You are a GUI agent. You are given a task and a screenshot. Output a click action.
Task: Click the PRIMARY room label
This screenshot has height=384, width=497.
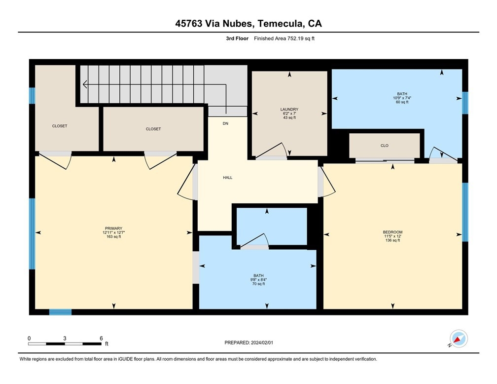pyautogui.click(x=113, y=229)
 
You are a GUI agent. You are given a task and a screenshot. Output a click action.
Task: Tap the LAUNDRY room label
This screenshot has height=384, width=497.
pyautogui.click(x=289, y=110)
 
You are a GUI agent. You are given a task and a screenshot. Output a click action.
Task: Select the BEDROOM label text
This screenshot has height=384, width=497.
pyautogui.click(x=392, y=232)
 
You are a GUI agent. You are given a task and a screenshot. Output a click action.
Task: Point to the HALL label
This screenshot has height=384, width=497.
pyautogui.click(x=228, y=178)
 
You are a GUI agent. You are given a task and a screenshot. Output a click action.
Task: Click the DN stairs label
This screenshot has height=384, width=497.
pyautogui.click(x=225, y=123)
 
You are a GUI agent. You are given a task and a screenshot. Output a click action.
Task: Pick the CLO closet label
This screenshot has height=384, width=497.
pyautogui.click(x=385, y=146)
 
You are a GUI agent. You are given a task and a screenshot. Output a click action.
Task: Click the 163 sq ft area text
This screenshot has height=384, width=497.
pyautogui.click(x=113, y=237)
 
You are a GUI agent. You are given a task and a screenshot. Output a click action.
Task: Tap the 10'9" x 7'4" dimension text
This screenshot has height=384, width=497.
pyautogui.click(x=402, y=98)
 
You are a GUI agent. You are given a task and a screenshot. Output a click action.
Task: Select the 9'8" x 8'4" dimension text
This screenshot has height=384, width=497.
pyautogui.click(x=259, y=280)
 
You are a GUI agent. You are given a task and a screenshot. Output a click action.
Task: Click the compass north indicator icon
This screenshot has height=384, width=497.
pyautogui.click(x=459, y=339)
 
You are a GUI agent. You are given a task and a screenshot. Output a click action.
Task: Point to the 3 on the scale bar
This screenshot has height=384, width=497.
pyautogui.click(x=65, y=338)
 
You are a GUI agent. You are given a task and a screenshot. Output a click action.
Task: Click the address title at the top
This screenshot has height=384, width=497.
pyautogui.click(x=248, y=24)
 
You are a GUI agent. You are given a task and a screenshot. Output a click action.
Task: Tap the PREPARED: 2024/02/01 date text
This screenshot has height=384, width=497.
pyautogui.click(x=249, y=343)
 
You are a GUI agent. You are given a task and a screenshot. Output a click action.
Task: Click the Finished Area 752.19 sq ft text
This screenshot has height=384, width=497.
pyautogui.click(x=284, y=38)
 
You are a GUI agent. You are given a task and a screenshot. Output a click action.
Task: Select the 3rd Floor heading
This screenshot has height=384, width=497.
pyautogui.click(x=237, y=38)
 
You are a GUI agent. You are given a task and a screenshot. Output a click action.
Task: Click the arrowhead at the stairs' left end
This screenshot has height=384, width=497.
pyautogui.click(x=85, y=84)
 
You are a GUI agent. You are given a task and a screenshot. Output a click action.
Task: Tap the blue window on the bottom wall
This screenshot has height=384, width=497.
pyautogui.click(x=60, y=312)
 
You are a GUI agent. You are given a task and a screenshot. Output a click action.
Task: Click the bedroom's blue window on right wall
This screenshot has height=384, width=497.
pyautogui.click(x=465, y=212)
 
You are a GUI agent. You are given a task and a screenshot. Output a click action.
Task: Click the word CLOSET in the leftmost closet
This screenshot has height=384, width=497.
pyautogui.click(x=60, y=126)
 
